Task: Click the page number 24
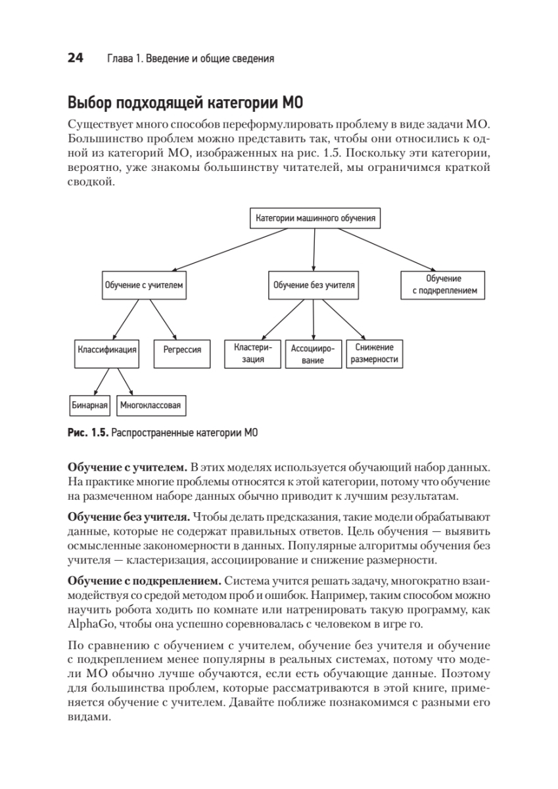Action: (75, 59)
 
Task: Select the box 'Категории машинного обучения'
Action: (315, 218)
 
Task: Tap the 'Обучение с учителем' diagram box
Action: (143, 285)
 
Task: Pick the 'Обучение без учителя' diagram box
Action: (314, 285)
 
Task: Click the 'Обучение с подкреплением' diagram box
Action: (443, 285)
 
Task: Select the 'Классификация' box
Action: (106, 350)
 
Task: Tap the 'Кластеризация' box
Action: (253, 353)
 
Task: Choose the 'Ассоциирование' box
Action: (313, 354)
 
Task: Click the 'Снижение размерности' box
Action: (375, 353)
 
